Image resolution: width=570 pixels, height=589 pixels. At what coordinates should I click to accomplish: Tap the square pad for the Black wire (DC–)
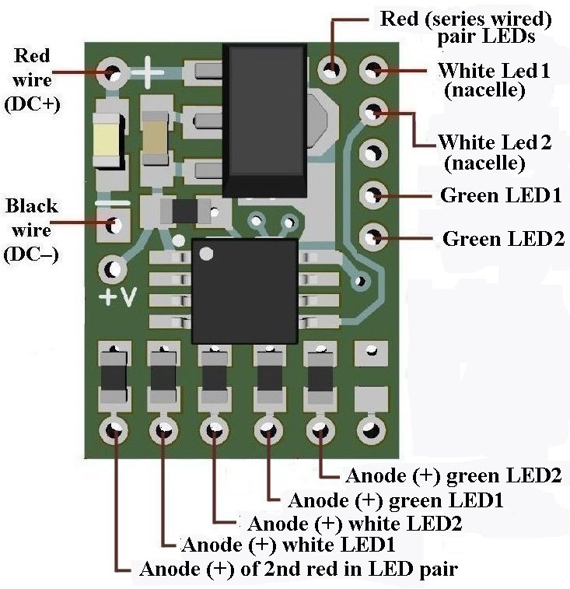click(x=114, y=226)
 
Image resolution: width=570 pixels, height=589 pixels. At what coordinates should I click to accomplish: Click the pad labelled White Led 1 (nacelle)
click(x=374, y=71)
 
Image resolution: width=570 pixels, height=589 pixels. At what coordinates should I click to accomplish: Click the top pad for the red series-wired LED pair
click(x=333, y=71)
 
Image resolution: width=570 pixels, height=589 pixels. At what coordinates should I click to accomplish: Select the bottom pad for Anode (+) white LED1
click(x=164, y=429)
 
